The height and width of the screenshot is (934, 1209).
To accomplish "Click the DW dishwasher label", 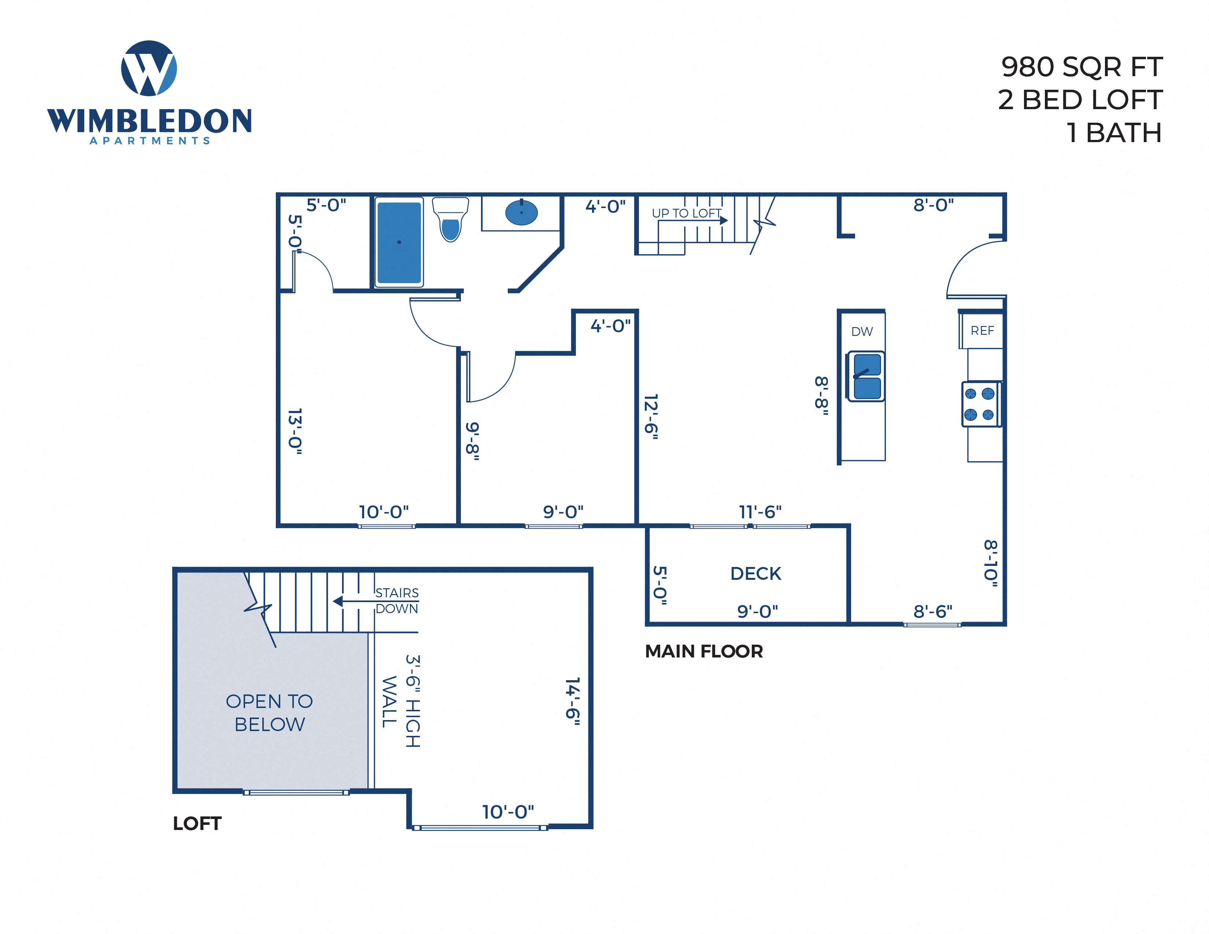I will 861,331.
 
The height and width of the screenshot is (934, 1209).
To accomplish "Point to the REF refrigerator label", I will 982,330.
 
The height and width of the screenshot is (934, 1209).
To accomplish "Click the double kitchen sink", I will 866,376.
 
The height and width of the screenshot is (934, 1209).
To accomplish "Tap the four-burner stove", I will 979,404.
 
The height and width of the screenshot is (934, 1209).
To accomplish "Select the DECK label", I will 755,573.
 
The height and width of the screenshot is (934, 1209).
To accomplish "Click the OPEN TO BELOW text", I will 270,713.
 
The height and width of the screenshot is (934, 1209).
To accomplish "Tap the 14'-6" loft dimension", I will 573,698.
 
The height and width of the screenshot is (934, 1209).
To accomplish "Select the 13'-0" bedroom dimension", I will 296,431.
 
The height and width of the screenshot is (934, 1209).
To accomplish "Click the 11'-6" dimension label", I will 760,512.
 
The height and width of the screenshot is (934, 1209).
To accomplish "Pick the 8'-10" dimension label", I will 991,563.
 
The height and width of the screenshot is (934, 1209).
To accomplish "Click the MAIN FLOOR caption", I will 703,651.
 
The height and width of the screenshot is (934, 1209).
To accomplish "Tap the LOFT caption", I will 197,823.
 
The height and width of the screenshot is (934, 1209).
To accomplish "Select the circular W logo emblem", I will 149,68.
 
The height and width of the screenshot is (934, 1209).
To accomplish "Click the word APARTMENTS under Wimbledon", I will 149,141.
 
